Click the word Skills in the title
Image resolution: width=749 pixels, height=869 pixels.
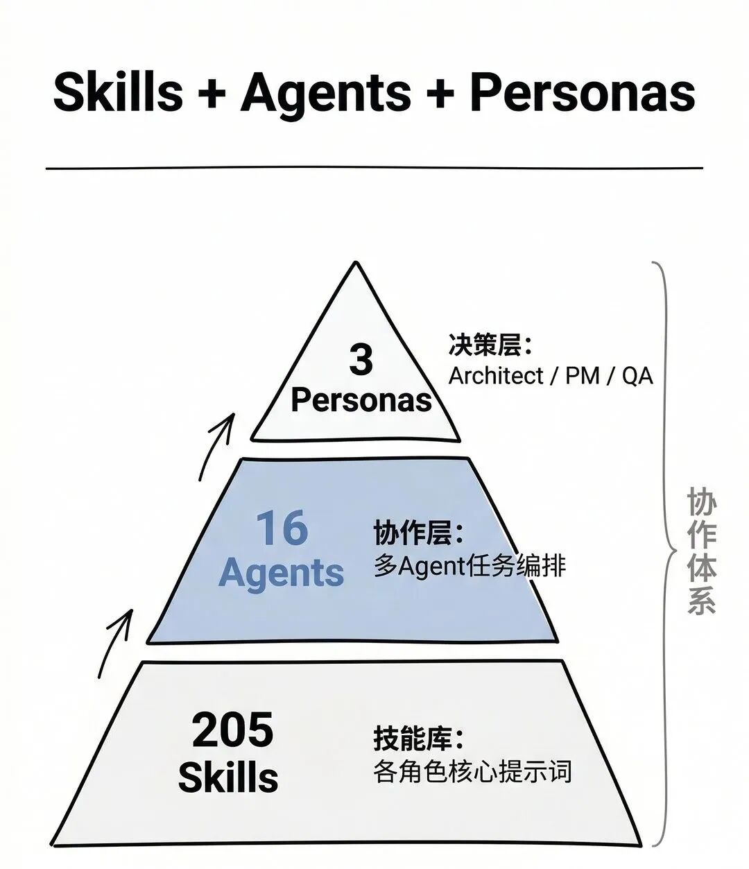coord(118,93)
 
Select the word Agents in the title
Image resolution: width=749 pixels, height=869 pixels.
coord(326,93)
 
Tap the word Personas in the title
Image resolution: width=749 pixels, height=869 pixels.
coord(583,93)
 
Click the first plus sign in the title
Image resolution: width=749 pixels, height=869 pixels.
coord(212,94)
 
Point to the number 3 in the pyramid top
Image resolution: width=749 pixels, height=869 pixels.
coord(361,360)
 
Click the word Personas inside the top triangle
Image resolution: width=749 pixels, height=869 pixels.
coord(361,400)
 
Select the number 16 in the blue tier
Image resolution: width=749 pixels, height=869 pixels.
coord(282,528)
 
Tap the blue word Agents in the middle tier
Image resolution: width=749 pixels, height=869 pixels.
coord(281,573)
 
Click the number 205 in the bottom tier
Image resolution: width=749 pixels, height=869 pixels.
coord(232,730)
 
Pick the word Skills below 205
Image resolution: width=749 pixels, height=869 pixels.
coord(228,777)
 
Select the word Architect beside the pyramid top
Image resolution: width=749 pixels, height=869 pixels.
coord(496,376)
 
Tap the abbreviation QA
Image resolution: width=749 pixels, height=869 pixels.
coord(637,376)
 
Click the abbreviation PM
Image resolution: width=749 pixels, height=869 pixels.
coord(583,376)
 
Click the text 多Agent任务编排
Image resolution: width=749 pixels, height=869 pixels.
coord(470,567)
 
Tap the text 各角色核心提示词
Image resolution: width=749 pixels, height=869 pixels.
coord(472,771)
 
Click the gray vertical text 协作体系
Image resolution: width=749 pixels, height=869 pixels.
coord(701,551)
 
